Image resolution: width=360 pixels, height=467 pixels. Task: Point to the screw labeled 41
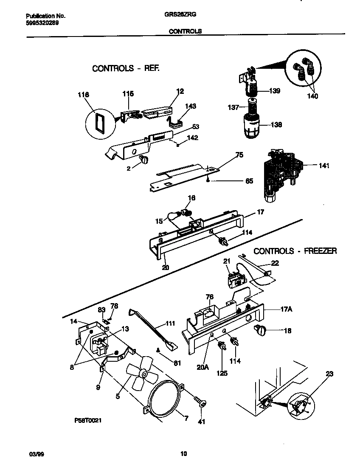[199, 401]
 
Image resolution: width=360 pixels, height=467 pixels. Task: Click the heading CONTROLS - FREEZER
[295, 251]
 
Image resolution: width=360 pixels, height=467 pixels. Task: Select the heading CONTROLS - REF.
[126, 68]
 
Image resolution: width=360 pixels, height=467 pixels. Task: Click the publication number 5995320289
[39, 23]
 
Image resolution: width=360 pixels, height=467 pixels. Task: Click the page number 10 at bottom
[183, 453]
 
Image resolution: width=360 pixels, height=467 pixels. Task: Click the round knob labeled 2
[143, 160]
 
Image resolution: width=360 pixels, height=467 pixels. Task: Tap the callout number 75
[239, 155]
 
